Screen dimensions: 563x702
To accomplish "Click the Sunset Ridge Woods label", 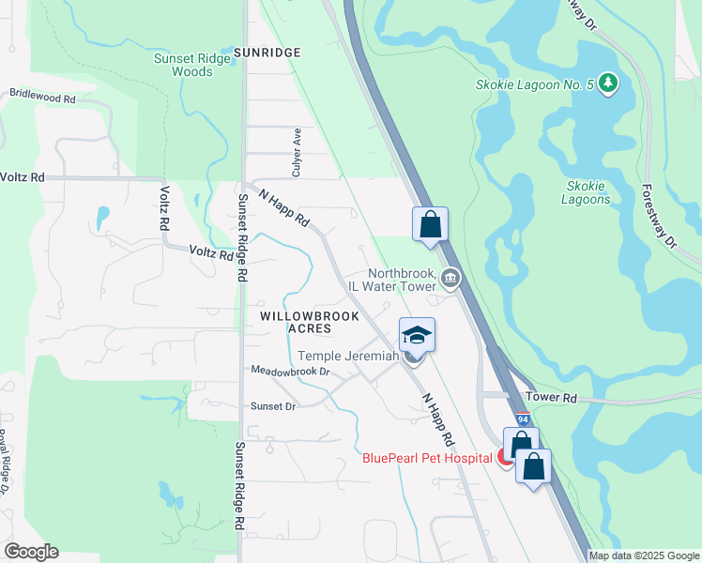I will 191,65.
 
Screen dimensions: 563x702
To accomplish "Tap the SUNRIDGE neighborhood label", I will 267,53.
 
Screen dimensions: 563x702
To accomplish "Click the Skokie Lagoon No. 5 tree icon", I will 609,84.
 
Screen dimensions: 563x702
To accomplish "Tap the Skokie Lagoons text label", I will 587,192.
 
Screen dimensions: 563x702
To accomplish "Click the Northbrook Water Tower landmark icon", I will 450,278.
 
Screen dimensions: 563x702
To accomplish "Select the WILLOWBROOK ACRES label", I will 310,322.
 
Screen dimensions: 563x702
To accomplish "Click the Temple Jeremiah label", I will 349,356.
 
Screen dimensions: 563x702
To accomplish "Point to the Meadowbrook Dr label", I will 291,372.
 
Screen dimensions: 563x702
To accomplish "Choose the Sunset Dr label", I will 273,406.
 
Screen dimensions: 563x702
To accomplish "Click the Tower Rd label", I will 551,398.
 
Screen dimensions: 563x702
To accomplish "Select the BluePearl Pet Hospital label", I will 427,458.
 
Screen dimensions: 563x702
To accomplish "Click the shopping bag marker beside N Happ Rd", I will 430,225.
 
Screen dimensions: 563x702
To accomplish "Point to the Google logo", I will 31,552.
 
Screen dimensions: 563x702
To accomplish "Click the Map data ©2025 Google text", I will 644,555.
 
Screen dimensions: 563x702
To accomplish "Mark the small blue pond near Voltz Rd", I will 101,218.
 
